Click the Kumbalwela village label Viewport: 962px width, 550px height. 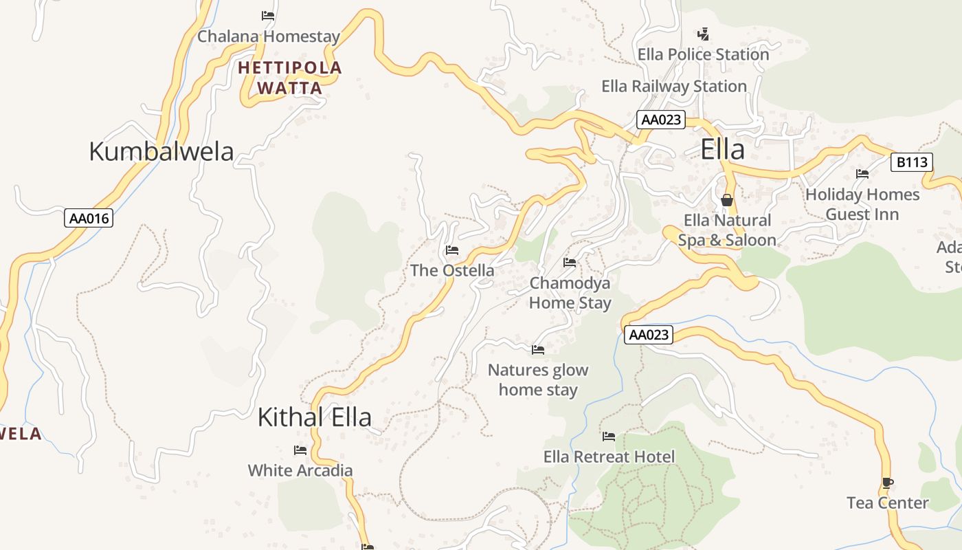point(161,151)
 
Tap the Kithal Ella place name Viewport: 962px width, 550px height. point(315,417)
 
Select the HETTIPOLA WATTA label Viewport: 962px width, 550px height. point(289,78)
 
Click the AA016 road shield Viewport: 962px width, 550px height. point(89,219)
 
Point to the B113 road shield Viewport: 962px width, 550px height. point(912,163)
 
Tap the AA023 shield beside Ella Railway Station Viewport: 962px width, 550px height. point(660,120)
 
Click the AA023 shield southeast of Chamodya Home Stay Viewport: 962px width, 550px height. point(649,335)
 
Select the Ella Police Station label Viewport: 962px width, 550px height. point(703,54)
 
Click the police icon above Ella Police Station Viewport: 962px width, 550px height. point(703,34)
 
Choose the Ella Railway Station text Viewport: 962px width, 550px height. point(673,87)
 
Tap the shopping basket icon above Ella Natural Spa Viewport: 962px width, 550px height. point(727,200)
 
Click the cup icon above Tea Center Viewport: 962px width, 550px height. point(887,483)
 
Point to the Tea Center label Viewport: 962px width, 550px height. point(887,503)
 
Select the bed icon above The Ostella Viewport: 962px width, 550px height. point(451,250)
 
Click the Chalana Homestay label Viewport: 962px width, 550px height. point(269,36)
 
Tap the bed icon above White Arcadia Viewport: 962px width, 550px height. point(300,450)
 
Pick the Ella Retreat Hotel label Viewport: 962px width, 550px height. point(609,456)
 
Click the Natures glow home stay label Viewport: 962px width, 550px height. point(538,379)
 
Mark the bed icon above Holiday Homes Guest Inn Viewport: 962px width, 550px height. point(862,174)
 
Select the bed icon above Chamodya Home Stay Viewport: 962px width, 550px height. point(569,262)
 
